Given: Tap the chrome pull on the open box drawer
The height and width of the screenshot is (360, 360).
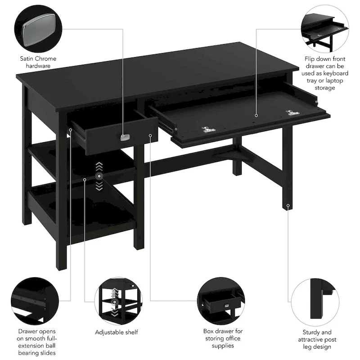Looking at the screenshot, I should pos(125,137).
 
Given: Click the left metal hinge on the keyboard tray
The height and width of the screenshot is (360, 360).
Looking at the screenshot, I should pos(208,130).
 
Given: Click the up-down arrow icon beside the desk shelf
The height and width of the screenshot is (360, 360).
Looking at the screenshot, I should pos(99,175).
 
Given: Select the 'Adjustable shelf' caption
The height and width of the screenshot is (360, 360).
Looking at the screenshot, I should pos(116,332).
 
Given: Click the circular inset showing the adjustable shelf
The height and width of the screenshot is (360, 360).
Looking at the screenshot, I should pos(116,299).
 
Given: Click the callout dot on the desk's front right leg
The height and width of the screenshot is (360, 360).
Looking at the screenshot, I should pos(288,206).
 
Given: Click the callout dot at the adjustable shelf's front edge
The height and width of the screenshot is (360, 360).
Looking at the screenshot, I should pos(85,179).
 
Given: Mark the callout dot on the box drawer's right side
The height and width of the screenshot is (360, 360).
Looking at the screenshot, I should pos(150,135).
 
